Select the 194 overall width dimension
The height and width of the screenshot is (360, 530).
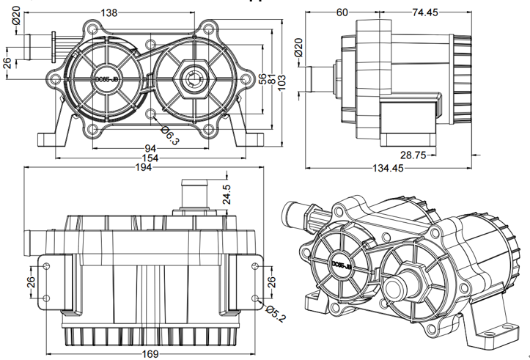tap(144, 167)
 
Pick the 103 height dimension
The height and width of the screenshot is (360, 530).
tap(281, 78)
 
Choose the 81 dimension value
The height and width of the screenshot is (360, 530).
tap(272, 79)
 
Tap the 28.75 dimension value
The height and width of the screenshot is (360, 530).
tap(414, 155)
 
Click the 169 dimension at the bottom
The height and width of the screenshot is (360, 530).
tap(150, 354)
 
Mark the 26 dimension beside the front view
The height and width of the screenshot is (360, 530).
tap(7, 62)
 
